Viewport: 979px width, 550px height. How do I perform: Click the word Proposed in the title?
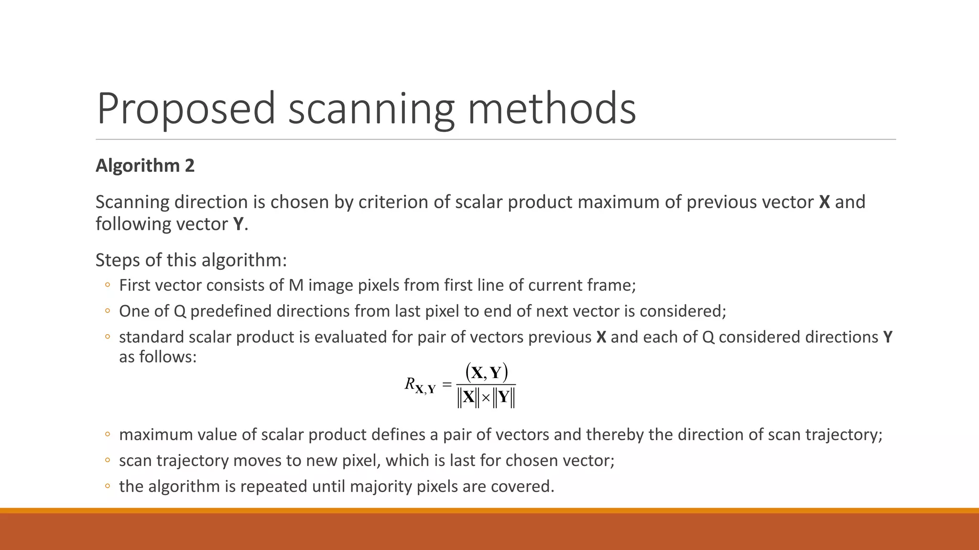186,109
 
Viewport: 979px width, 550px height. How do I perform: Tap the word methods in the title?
552,109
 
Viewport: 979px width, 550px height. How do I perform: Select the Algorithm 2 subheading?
145,166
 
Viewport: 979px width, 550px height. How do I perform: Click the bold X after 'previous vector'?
824,202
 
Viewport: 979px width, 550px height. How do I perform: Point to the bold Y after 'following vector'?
238,224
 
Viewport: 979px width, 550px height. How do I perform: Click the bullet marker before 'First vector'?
108,286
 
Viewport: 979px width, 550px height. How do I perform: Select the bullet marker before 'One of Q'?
108,311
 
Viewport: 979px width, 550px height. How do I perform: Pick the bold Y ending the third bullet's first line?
888,337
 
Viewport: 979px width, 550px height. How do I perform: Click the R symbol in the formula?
410,383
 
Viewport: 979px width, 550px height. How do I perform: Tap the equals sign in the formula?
447,384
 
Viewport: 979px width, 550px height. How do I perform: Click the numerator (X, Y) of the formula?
486,372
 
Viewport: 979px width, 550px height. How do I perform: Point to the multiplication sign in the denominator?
486,398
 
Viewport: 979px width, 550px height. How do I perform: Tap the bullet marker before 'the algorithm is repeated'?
108,487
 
